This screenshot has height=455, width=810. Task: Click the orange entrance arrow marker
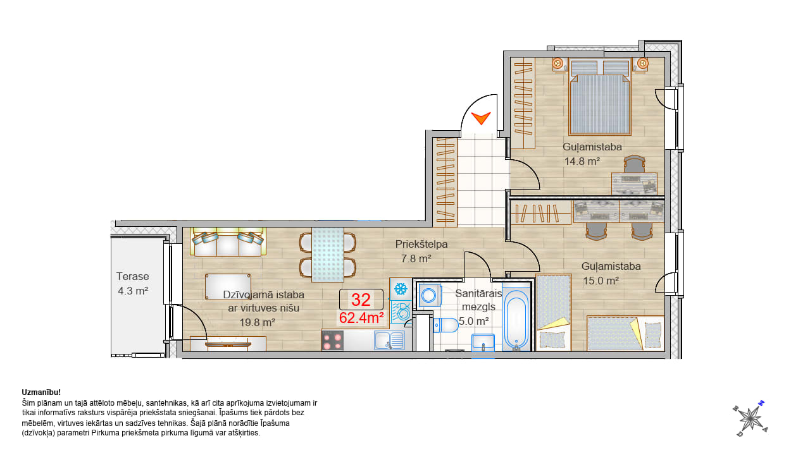coord(481,118)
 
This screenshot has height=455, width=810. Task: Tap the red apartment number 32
coord(361,300)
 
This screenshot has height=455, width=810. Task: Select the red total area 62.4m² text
coord(361,318)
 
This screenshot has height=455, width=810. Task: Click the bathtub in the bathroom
coord(516,320)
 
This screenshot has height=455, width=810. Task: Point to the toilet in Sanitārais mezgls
coord(445,325)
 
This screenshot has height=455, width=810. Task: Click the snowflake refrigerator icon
coord(401,289)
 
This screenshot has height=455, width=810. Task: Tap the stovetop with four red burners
coord(332,341)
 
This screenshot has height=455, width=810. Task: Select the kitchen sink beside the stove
coord(389,340)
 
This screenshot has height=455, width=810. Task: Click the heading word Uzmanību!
coord(41,392)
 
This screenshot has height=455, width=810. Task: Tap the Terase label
coord(133,276)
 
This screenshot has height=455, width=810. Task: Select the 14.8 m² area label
coord(582,161)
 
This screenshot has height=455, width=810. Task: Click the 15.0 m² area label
coord(601,281)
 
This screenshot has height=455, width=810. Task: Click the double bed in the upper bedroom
coord(600,97)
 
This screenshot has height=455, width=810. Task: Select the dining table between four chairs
coord(328,255)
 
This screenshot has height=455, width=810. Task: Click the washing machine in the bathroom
coord(430,295)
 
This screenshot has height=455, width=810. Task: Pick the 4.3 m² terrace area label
coord(133,291)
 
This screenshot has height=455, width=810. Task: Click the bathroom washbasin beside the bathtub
coord(483,343)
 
